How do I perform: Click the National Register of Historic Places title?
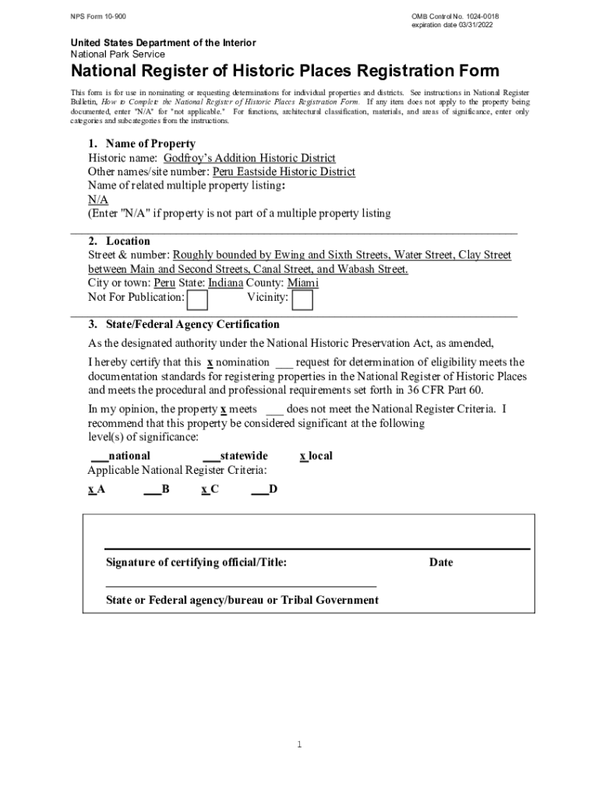(x=285, y=72)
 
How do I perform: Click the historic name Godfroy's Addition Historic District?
(x=249, y=158)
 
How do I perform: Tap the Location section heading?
(x=118, y=241)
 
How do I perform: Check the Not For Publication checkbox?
(x=198, y=299)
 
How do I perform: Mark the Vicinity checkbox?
(x=302, y=299)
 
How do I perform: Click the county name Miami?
(x=303, y=283)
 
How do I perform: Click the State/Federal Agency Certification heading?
(x=183, y=324)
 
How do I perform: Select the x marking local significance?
(x=303, y=455)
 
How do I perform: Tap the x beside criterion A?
(x=91, y=489)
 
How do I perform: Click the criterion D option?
(x=272, y=489)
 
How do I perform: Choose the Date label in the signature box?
(x=440, y=562)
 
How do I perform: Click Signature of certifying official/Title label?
(x=196, y=562)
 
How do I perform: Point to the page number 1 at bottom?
(x=299, y=745)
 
